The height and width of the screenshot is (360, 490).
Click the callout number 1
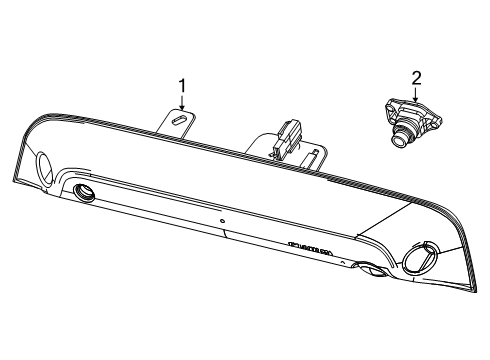(182, 86)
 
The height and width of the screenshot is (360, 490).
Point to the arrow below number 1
(182, 105)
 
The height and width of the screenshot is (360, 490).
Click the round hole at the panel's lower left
(83, 193)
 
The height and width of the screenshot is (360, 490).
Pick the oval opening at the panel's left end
(45, 166)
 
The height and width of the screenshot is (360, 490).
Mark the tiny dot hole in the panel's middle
(222, 220)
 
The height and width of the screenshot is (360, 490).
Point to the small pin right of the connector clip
(316, 153)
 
